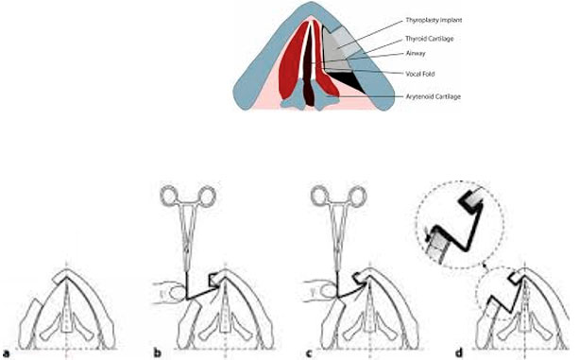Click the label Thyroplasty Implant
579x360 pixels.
click(x=434, y=20)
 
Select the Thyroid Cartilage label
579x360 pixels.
click(x=430, y=39)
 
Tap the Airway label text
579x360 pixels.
click(x=416, y=53)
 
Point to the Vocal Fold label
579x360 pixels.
click(x=420, y=74)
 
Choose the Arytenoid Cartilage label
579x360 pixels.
click(x=434, y=96)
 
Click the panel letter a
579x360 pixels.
click(x=7, y=352)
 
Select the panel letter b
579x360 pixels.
click(x=158, y=352)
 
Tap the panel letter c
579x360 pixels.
click(x=310, y=353)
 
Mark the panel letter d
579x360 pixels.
click(x=459, y=352)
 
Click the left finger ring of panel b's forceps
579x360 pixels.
click(x=168, y=197)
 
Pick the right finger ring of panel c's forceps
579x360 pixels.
click(x=357, y=197)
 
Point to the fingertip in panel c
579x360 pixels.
click(x=327, y=292)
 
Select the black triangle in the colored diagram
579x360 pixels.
click(x=347, y=79)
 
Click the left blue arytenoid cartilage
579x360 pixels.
click(x=293, y=100)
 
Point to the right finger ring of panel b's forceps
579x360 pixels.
click(x=207, y=197)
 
